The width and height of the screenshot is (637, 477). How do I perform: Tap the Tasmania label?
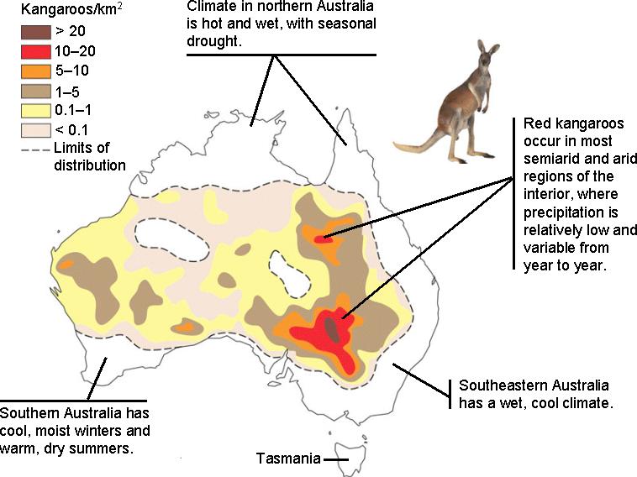pyautogui.click(x=288, y=459)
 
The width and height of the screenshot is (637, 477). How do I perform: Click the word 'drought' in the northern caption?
pyautogui.click(x=215, y=41)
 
